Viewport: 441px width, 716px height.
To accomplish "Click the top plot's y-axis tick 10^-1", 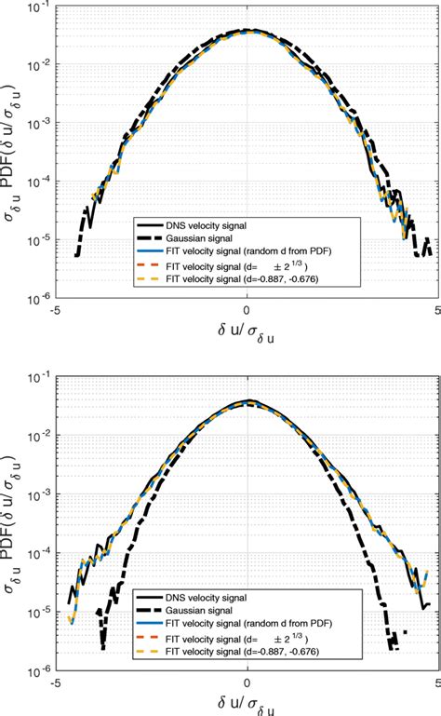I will (38, 8).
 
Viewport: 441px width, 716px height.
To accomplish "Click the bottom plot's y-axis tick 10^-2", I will (38, 438).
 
